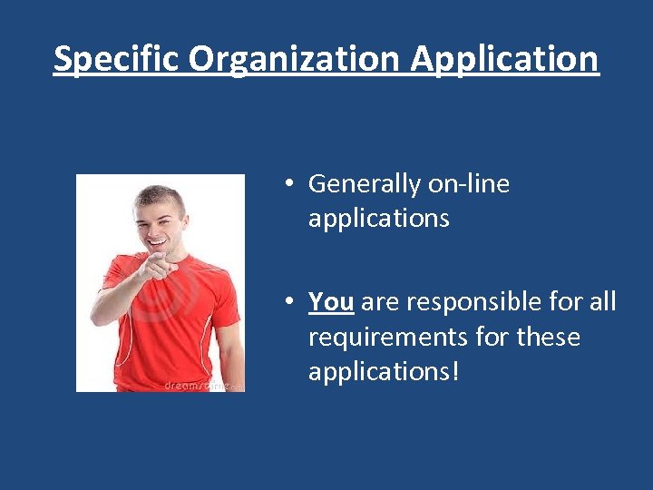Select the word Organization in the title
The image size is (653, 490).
point(296,59)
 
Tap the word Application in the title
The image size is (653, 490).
point(505,59)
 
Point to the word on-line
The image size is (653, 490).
point(469,184)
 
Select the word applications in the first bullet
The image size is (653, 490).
point(378,219)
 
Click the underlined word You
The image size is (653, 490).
point(331,301)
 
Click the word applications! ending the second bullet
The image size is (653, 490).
point(384,372)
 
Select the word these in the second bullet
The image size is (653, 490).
point(548,337)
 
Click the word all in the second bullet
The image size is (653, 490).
point(602,301)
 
